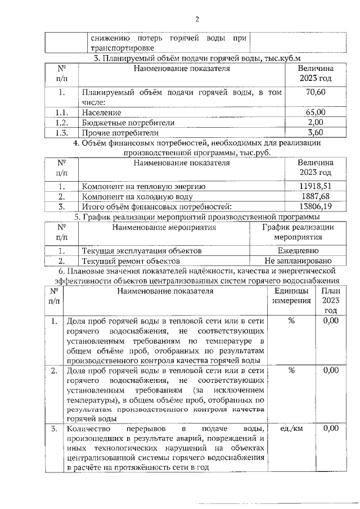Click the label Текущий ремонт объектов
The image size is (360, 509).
[x=131, y=261]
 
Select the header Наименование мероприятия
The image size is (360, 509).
[x=164, y=228]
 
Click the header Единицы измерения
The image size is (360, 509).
[x=291, y=296]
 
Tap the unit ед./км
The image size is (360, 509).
[x=291, y=429]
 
